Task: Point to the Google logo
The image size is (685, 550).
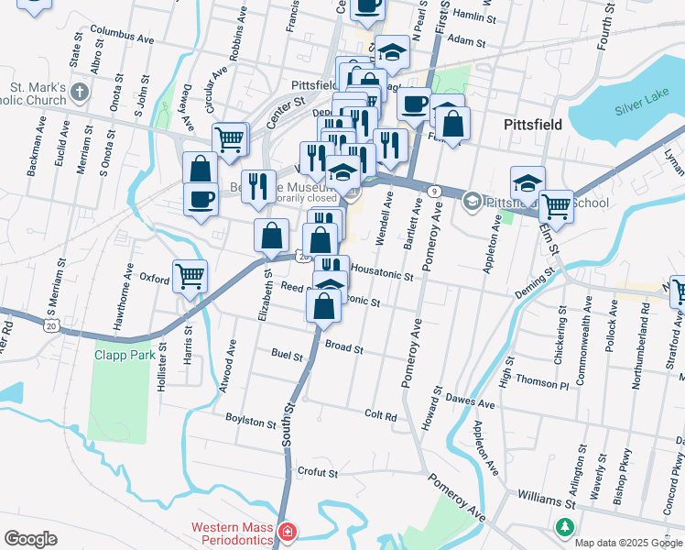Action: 30,539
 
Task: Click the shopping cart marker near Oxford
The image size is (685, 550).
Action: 190,275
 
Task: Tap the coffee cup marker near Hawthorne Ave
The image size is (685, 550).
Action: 201,199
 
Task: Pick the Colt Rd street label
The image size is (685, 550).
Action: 380,415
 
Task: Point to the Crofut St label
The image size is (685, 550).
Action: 319,473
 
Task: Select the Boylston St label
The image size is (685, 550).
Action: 250,423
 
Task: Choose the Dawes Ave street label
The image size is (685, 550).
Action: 471,401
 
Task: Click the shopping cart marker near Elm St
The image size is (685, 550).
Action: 555,205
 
